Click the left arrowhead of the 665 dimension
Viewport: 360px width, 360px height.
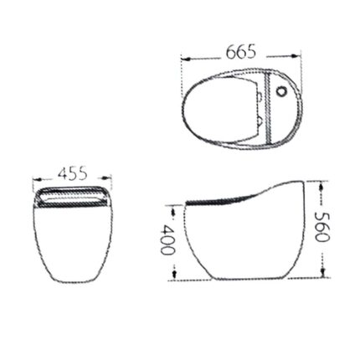coord(186,59)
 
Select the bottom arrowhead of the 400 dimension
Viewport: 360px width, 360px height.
coord(172,277)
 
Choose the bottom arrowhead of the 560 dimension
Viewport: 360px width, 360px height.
coord(323,277)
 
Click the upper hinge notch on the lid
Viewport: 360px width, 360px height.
coord(261,95)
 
